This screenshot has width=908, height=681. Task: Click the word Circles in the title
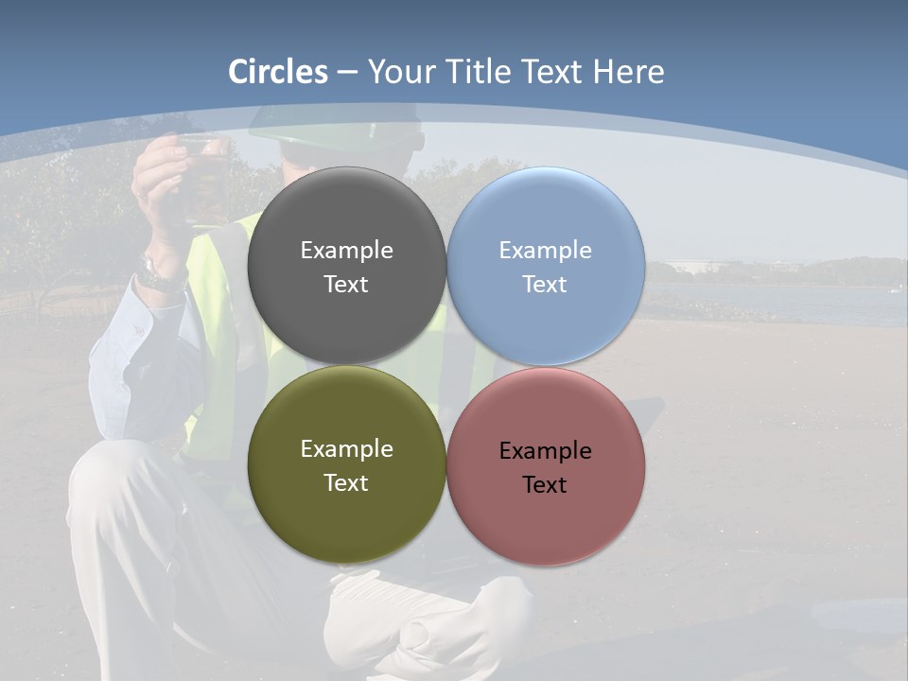click(x=278, y=72)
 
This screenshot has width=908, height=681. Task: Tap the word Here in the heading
click(x=628, y=72)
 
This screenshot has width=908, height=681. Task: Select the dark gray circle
click(x=346, y=267)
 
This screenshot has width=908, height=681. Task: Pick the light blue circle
click(x=545, y=267)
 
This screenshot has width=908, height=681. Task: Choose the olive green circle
click(x=346, y=465)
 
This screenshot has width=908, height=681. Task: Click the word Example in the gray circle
click(x=346, y=250)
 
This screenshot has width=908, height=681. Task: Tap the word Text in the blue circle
click(x=545, y=285)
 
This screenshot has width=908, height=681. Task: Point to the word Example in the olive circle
click(x=346, y=449)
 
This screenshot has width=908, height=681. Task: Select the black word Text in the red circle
click(x=545, y=485)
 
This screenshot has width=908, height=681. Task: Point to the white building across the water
click(x=695, y=267)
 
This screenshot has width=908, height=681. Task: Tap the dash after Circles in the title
click(x=346, y=72)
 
